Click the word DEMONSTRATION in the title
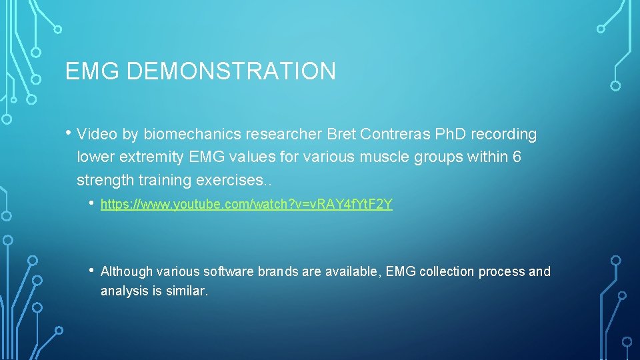click(x=231, y=71)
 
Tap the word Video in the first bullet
click(x=98, y=135)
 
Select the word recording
click(x=504, y=135)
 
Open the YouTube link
click(x=247, y=205)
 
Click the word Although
click(x=126, y=271)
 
